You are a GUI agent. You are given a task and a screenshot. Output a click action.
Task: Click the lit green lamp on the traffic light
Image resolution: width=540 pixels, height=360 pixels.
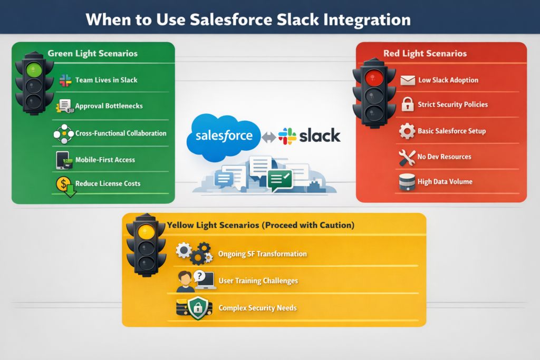[x=34, y=69]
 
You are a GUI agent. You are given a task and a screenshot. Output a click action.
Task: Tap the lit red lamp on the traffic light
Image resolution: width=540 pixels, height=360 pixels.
[x=374, y=78]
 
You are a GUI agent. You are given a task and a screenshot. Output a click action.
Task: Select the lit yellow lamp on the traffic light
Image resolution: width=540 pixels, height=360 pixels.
[x=146, y=231]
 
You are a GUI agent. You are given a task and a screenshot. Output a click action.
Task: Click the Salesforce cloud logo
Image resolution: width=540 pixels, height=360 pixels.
[x=225, y=136]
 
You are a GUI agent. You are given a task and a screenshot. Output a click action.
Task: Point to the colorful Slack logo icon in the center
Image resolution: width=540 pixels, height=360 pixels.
[x=287, y=136]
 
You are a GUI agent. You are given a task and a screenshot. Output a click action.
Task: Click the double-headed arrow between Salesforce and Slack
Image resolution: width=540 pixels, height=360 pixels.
[x=269, y=137]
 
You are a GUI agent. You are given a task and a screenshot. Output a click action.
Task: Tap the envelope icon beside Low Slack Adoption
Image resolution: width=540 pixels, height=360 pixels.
[x=408, y=80]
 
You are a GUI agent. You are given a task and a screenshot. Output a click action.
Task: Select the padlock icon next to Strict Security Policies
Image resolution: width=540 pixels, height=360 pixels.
[x=408, y=104]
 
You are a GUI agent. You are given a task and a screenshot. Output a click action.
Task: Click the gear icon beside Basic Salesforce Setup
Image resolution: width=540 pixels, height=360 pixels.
[x=407, y=131]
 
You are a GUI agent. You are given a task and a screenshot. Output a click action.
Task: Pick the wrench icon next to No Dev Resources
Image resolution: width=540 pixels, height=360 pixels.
[x=407, y=157]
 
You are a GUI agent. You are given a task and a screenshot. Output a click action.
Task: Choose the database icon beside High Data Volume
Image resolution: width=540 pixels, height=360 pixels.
[x=407, y=182]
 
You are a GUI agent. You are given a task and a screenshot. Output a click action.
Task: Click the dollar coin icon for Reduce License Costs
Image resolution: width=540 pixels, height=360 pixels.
[x=63, y=184]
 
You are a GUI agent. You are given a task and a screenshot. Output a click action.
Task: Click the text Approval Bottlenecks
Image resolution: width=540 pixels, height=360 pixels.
[x=109, y=106]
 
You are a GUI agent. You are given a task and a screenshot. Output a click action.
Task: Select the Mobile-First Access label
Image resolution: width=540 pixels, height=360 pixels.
[x=105, y=160]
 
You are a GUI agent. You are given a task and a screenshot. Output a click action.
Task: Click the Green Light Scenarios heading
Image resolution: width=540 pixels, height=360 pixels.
[x=92, y=53]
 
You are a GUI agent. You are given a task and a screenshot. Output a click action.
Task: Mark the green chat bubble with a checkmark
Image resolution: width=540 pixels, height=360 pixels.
[x=280, y=180]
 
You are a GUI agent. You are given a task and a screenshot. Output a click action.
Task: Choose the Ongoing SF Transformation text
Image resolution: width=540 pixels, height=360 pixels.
[x=262, y=254]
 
